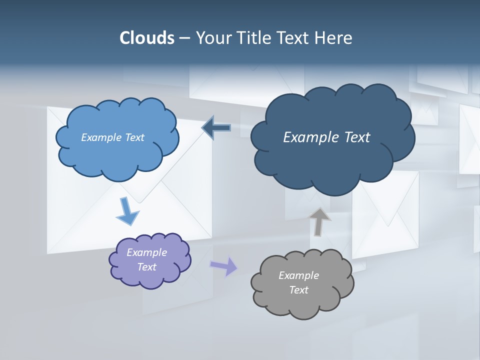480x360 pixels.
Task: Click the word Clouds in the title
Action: tap(147, 38)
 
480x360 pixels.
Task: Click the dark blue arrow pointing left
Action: tap(216, 128)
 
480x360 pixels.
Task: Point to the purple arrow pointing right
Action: tap(224, 266)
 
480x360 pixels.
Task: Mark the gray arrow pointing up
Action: tap(319, 221)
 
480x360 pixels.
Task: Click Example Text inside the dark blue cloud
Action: tap(326, 137)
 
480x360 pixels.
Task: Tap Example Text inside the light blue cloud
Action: tap(112, 137)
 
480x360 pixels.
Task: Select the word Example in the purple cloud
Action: tap(146, 252)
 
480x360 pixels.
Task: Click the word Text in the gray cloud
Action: tap(298, 290)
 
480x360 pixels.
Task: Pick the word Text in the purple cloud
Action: tap(146, 267)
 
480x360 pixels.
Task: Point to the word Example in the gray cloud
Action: tap(298, 275)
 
